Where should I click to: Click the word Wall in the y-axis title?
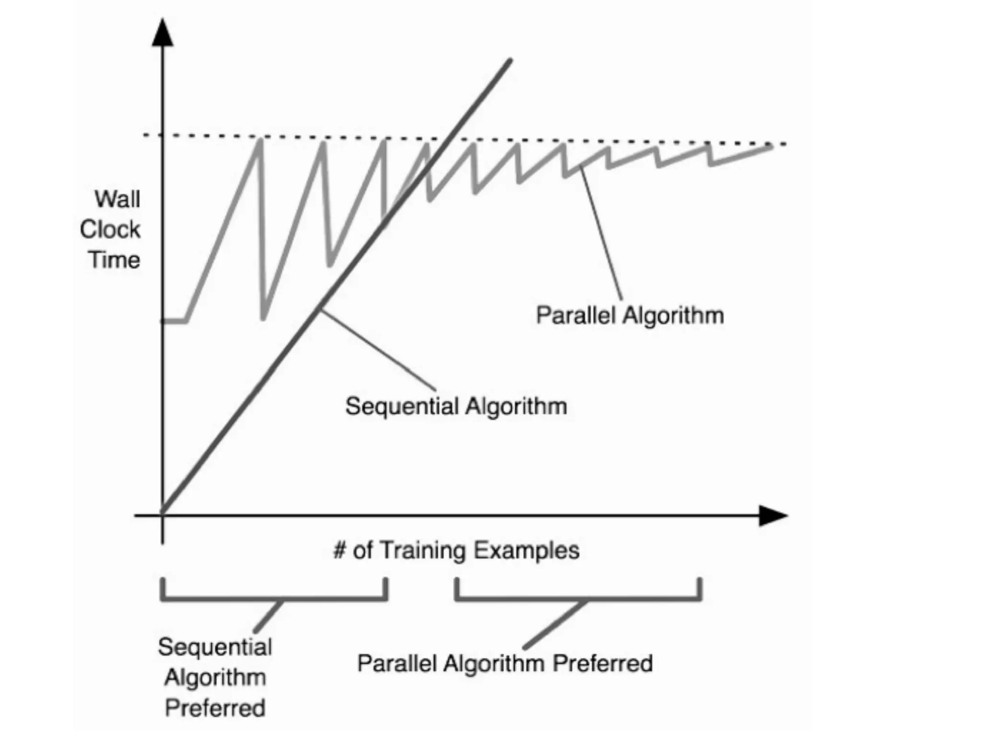coord(117,199)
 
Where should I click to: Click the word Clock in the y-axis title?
coord(110,230)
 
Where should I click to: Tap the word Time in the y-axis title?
coord(114,260)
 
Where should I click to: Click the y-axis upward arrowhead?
coord(162,34)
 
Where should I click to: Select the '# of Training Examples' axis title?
coord(456,550)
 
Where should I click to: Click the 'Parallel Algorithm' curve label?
coord(629,316)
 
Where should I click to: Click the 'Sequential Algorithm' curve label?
coord(456,406)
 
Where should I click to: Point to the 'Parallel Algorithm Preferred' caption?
coord(505,664)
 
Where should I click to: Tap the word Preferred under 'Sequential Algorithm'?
coord(215,708)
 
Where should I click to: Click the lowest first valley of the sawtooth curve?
coord(263,318)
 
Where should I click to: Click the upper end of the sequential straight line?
coord(510,61)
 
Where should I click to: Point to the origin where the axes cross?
coord(162,516)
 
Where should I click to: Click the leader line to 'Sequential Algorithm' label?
coord(378,350)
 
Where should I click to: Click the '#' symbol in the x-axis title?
coord(339,550)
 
